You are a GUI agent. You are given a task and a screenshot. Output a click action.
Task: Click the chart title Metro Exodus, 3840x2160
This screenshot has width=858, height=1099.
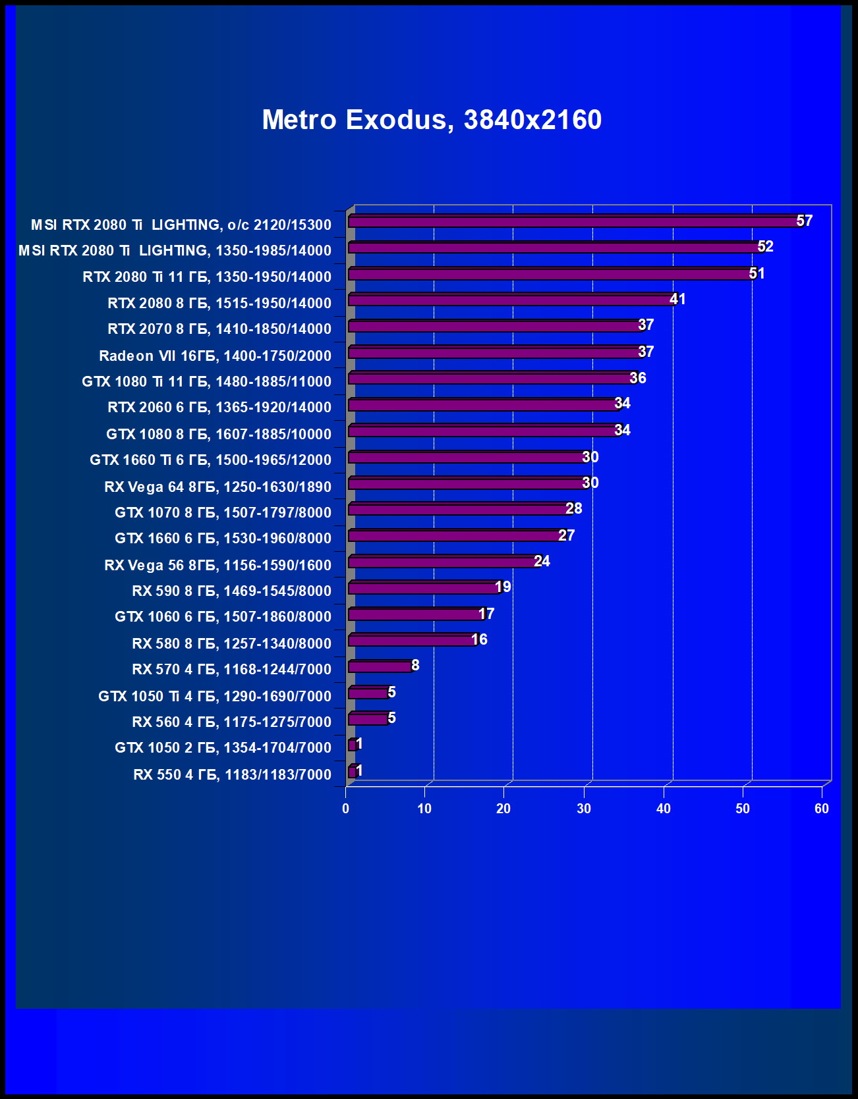pyautogui.click(x=432, y=120)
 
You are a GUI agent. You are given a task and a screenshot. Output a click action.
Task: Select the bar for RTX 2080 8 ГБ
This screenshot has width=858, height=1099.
pyautogui.click(x=511, y=300)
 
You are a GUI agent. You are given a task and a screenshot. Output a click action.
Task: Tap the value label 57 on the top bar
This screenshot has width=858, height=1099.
pyautogui.click(x=804, y=221)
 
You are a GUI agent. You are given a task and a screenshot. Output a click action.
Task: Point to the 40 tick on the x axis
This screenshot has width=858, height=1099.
pyautogui.click(x=664, y=809)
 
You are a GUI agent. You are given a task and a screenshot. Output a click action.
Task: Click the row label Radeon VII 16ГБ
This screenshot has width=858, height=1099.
pyautogui.click(x=215, y=356)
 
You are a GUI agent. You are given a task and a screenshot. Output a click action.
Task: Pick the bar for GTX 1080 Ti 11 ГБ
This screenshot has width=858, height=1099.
pyautogui.click(x=491, y=378)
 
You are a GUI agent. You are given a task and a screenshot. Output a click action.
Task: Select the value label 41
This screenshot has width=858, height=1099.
pyautogui.click(x=677, y=299)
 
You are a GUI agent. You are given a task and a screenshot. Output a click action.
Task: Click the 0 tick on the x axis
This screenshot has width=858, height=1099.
pyautogui.click(x=346, y=809)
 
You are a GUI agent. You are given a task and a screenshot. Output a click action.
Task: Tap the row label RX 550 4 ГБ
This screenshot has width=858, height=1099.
pyautogui.click(x=232, y=774)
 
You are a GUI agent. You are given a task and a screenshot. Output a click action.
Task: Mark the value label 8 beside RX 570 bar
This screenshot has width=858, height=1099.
pyautogui.click(x=415, y=665)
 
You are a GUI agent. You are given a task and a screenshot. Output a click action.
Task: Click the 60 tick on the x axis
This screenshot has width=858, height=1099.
pyautogui.click(x=822, y=809)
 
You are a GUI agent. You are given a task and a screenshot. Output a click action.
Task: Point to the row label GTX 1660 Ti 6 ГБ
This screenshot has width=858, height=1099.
pyautogui.click(x=210, y=460)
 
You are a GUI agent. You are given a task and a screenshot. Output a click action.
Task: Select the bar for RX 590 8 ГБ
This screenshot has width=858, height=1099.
pyautogui.click(x=424, y=588)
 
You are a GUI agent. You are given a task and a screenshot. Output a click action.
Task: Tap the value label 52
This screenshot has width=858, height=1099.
pyautogui.click(x=765, y=246)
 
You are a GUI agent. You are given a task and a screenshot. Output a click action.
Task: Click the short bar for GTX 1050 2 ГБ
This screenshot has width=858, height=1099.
pyautogui.click(x=352, y=745)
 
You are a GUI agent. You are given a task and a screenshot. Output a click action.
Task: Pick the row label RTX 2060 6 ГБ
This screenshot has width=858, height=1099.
pyautogui.click(x=219, y=407)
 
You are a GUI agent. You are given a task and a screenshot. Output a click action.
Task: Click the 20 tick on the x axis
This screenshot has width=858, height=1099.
pyautogui.click(x=503, y=809)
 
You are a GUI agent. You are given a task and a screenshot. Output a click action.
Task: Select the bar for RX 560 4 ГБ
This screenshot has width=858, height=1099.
pyautogui.click(x=368, y=719)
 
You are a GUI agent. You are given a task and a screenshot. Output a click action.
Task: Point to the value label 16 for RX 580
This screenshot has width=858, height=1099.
pyautogui.click(x=479, y=639)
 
